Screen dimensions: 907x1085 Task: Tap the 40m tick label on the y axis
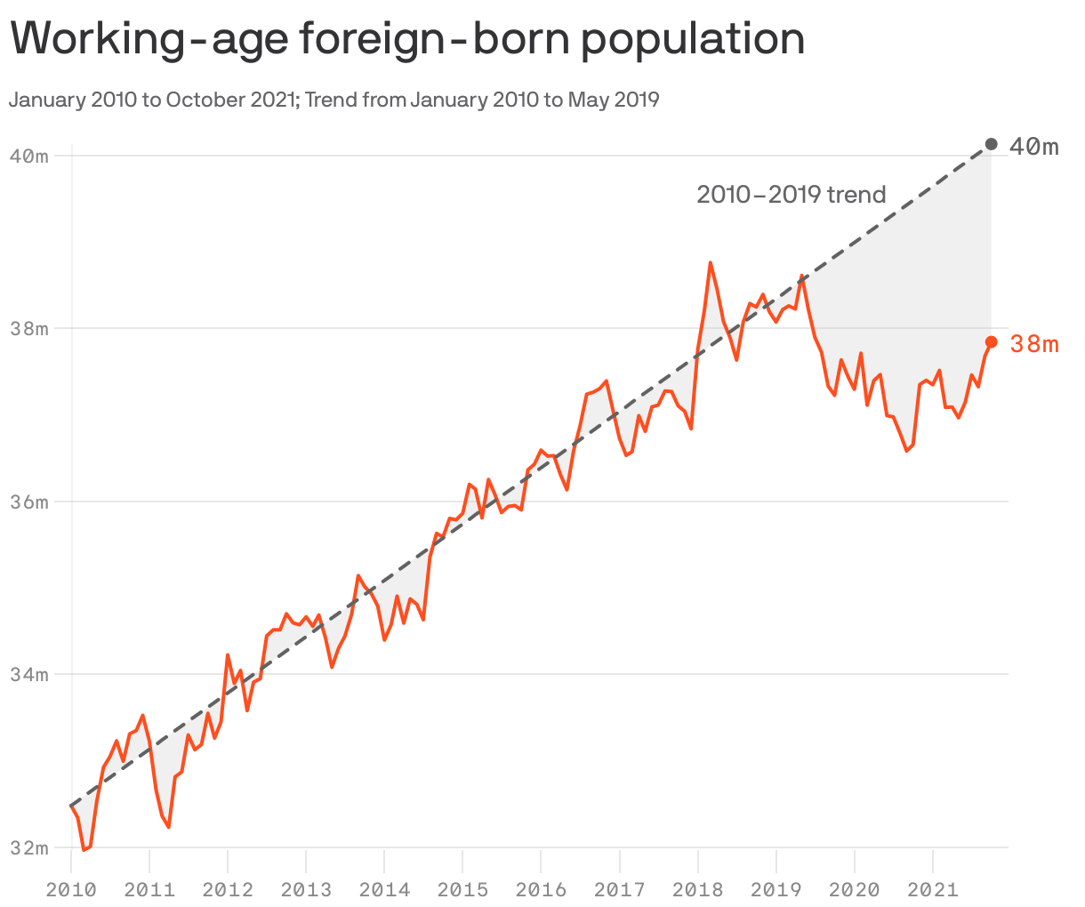coord(28,156)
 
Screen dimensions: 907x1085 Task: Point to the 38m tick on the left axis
coord(28,328)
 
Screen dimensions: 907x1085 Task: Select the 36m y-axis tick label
coord(28,502)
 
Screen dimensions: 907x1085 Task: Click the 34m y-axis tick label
coord(28,674)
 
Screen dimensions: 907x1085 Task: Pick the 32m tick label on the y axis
coord(28,847)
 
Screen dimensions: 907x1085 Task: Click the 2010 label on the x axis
coord(71,888)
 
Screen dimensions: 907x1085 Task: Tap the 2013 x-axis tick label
coord(306,888)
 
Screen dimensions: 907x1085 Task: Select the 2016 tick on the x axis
coord(541,888)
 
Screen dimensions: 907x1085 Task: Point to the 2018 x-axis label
coord(698,888)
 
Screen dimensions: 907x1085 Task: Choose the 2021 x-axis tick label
coord(933,888)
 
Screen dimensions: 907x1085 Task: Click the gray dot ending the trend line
coord(992,144)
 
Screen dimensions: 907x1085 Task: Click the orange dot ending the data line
coord(992,342)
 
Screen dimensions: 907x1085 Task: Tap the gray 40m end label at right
coord(1034,147)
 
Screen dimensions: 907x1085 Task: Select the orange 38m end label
coord(1034,344)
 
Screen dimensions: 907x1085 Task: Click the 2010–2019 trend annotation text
coord(791,194)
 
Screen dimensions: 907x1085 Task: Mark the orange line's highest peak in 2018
coord(710,263)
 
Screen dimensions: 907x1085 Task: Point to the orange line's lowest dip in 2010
coord(84,850)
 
